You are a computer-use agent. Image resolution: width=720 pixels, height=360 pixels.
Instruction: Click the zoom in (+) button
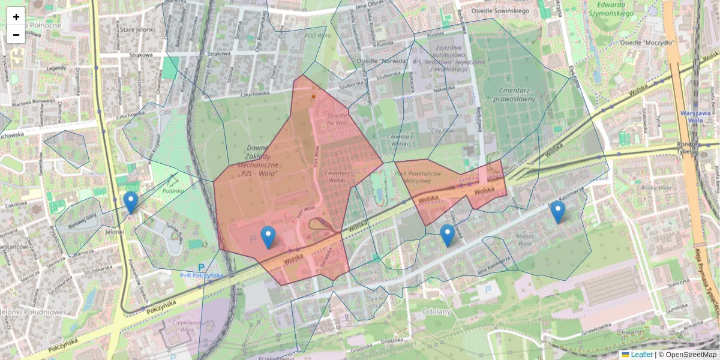coord(16,17)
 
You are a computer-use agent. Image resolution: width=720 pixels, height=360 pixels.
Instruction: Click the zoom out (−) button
coord(16,35)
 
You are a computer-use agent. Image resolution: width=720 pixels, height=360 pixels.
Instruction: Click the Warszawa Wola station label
coord(696,116)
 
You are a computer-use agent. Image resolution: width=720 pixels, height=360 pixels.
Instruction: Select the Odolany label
coord(436,311)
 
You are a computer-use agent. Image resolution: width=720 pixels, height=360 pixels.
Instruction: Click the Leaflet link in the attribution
coord(641,355)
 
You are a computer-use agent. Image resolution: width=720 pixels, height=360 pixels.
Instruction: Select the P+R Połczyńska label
coord(202,275)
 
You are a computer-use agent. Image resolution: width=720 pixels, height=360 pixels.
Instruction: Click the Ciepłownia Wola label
coord(182,325)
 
